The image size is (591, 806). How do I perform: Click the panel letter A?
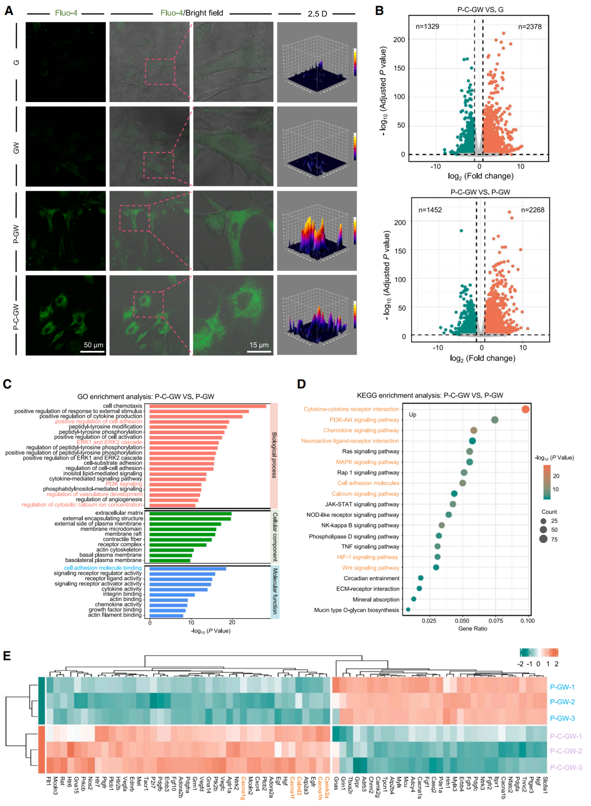click(x=8, y=10)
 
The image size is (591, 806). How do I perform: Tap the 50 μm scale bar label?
click(x=93, y=345)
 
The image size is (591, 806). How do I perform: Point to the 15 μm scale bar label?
click(x=259, y=345)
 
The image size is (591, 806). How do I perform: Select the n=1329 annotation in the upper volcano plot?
click(x=427, y=26)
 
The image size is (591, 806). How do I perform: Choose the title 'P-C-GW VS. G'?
click(x=480, y=9)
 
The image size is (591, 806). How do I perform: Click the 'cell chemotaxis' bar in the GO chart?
click(x=208, y=406)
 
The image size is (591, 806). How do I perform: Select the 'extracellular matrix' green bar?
click(x=190, y=514)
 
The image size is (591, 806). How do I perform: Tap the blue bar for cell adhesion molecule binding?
click(x=188, y=569)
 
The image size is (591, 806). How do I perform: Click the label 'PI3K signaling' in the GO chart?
click(x=124, y=484)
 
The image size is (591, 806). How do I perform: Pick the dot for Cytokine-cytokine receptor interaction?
click(x=526, y=409)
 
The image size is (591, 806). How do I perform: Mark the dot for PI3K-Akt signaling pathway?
click(x=494, y=420)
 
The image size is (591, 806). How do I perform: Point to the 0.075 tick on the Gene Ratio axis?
click(x=495, y=621)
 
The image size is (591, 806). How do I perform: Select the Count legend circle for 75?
click(x=543, y=539)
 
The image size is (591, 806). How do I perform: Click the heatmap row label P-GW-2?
click(x=562, y=702)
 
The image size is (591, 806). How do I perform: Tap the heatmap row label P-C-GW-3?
click(x=566, y=767)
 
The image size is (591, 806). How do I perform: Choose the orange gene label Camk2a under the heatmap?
click(x=326, y=788)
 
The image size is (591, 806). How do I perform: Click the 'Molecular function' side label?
click(x=275, y=591)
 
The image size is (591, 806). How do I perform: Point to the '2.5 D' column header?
click(x=317, y=14)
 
